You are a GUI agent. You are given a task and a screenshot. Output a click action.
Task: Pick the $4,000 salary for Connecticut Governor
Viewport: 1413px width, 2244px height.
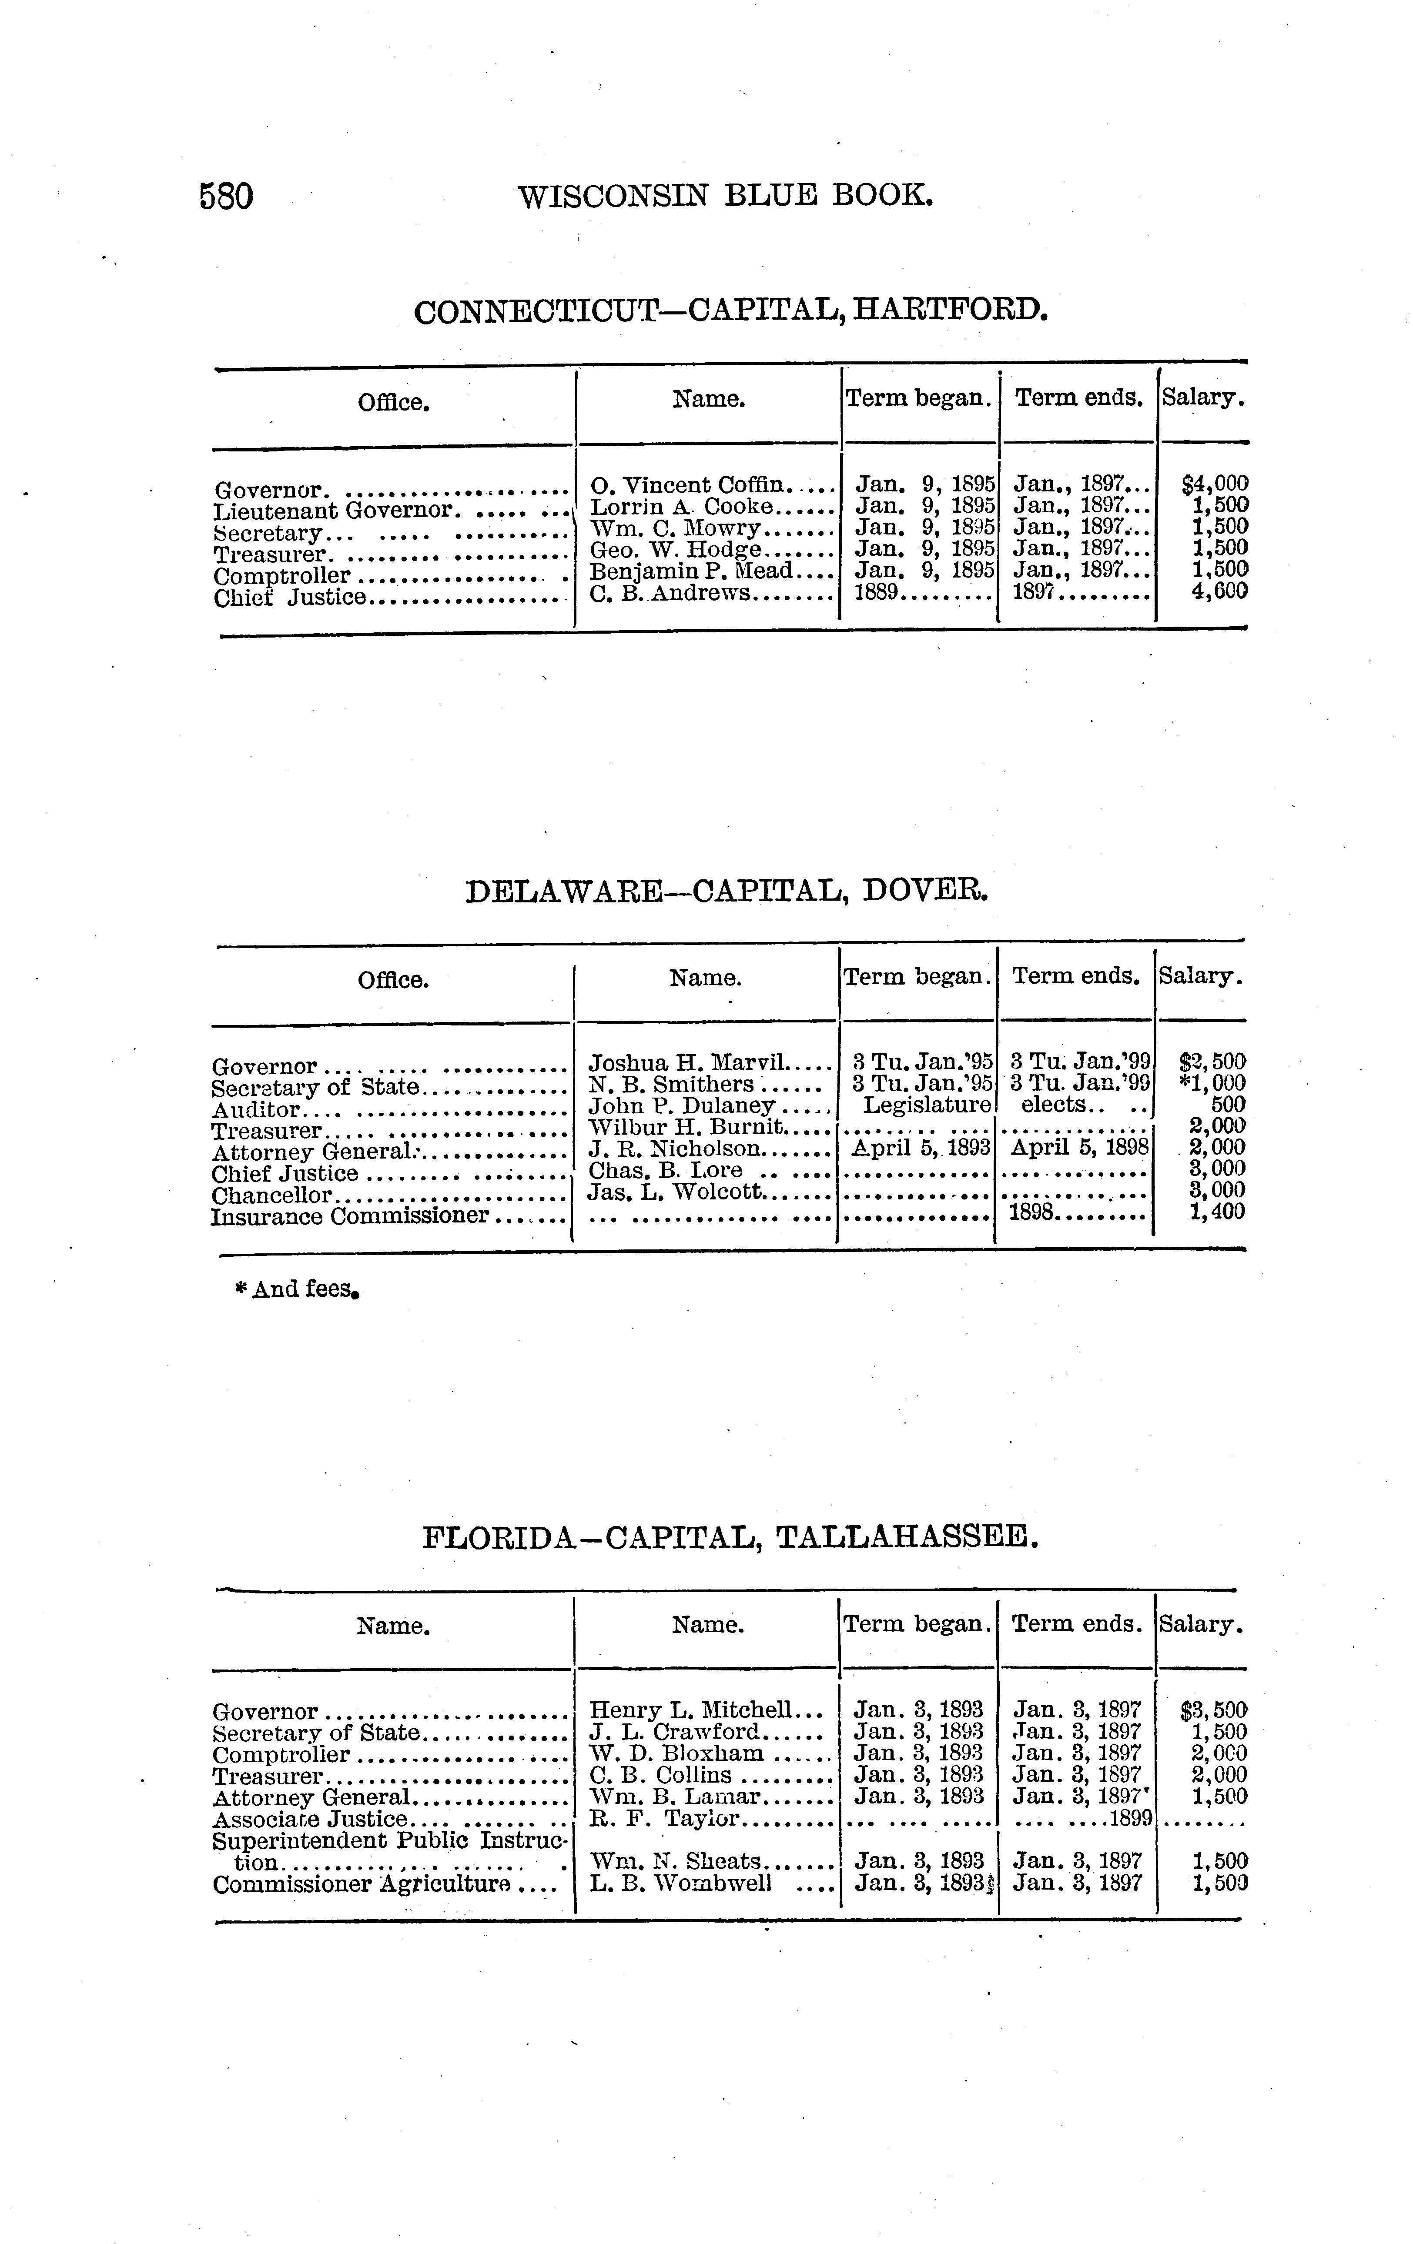click(x=1215, y=484)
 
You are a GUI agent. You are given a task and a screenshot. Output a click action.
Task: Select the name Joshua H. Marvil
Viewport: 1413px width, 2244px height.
click(x=690, y=1062)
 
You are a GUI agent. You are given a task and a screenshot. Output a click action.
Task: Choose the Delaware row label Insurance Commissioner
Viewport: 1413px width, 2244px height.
click(x=351, y=1216)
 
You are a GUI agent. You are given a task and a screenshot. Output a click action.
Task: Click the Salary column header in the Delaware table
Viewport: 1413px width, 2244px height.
click(x=1199, y=977)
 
